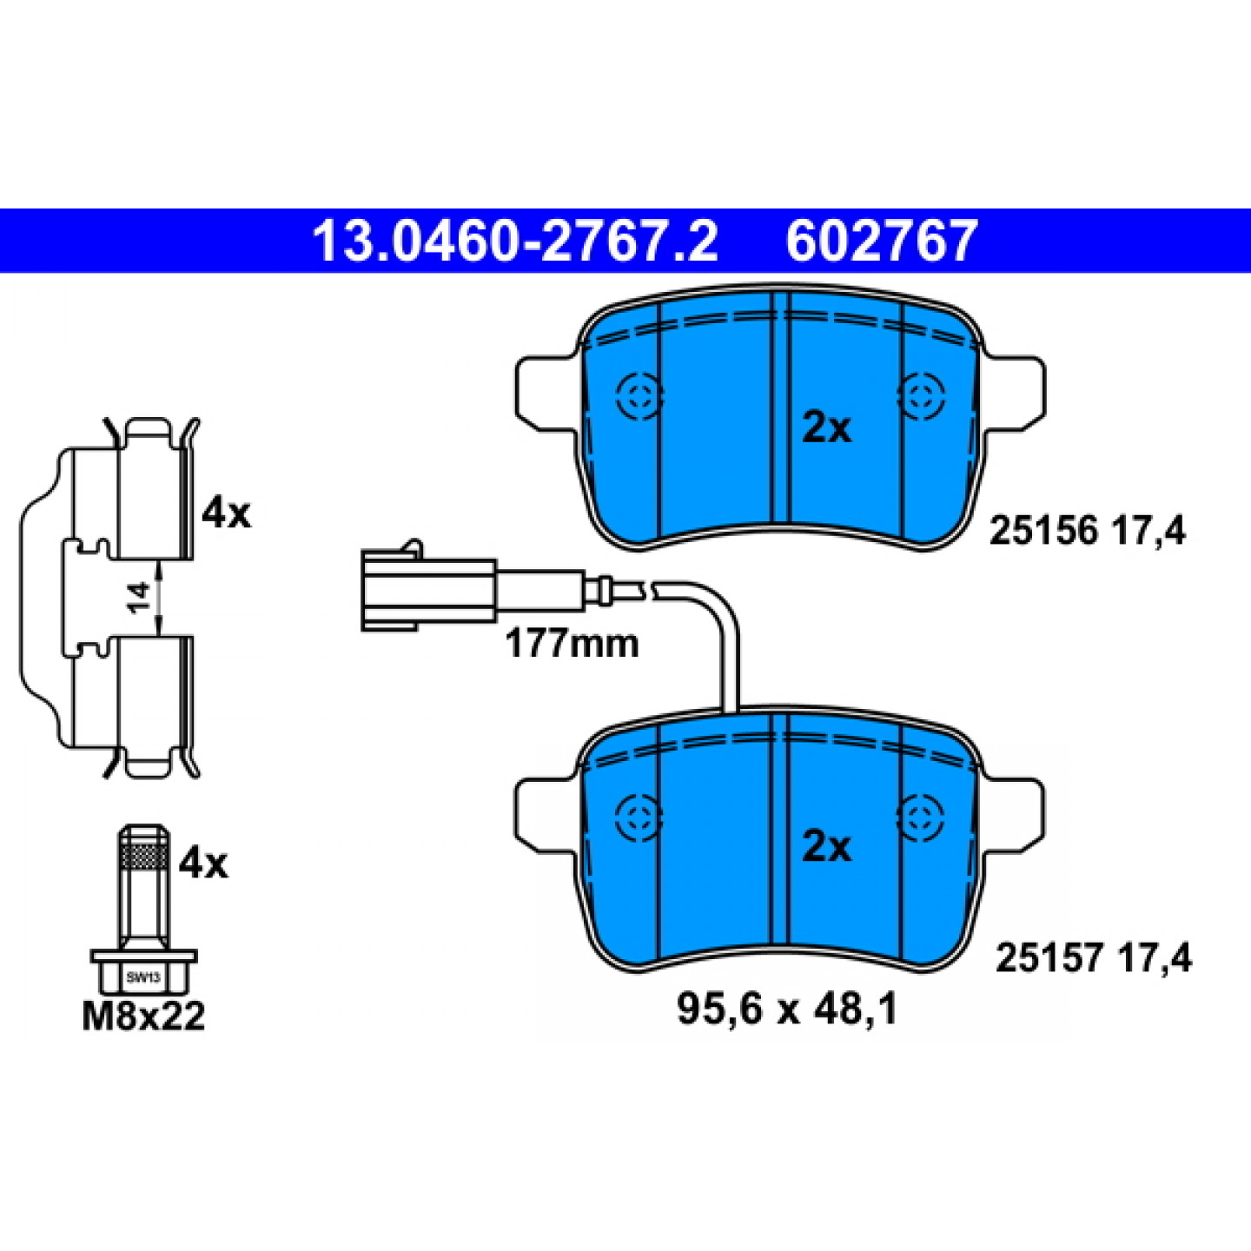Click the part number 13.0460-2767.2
tap(515, 241)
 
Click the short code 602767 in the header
tap(881, 241)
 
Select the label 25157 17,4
tap(1093, 959)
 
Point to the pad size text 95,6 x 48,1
tap(787, 1010)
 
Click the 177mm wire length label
tap(572, 645)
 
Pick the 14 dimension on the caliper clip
tap(138, 597)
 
